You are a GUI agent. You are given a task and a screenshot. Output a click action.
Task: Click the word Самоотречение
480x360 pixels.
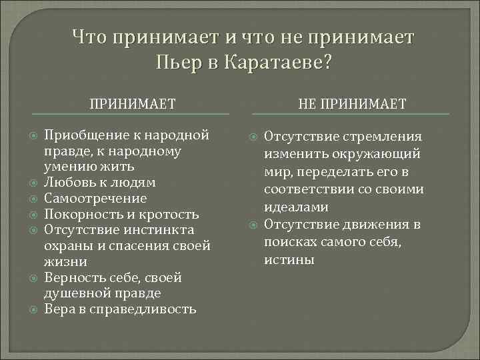click(95, 198)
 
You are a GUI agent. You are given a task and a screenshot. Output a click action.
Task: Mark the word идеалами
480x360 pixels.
click(296, 207)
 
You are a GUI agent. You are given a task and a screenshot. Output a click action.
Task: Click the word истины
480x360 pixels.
click(289, 259)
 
